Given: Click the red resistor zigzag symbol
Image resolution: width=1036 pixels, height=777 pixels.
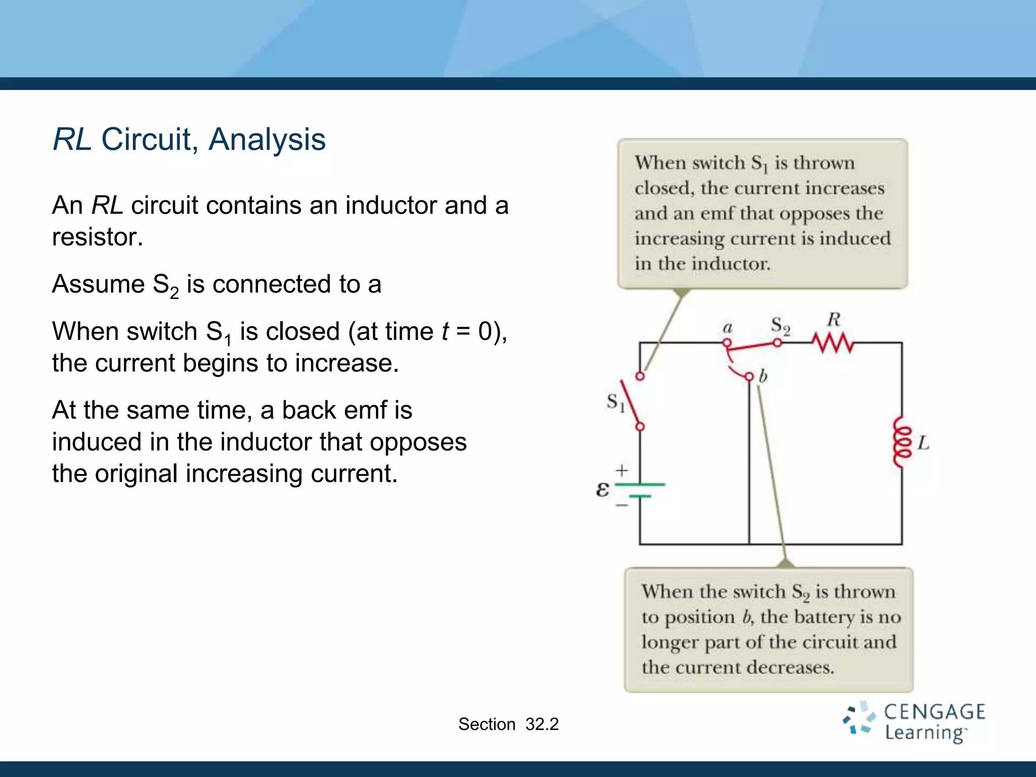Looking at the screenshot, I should (x=833, y=343).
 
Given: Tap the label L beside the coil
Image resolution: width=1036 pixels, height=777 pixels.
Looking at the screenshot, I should (x=924, y=443).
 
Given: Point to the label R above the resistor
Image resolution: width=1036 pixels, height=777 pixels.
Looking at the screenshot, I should (x=834, y=319).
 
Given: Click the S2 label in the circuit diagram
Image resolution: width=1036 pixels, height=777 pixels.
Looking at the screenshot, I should (x=780, y=326).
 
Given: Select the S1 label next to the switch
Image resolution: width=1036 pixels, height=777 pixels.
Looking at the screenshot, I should (x=616, y=403).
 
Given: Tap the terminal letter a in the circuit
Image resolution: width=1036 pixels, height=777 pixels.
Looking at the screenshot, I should (x=727, y=327).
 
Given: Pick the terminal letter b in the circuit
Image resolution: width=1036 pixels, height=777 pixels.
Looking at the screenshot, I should (x=763, y=376).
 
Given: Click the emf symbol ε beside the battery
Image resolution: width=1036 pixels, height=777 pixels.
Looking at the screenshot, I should (x=602, y=489).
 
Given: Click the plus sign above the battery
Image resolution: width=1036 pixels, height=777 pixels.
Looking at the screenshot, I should (x=622, y=470).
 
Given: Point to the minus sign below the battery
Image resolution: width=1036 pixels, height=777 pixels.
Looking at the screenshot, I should (x=622, y=505).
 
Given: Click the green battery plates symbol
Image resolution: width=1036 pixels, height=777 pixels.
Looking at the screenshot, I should (x=640, y=490).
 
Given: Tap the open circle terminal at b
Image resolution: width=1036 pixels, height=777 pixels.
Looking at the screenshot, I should (x=749, y=376).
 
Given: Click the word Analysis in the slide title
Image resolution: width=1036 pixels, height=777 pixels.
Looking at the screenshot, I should (x=267, y=139).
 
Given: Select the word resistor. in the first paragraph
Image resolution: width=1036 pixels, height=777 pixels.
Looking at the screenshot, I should (x=98, y=237).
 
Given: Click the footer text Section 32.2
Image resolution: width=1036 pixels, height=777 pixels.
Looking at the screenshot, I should (x=508, y=724).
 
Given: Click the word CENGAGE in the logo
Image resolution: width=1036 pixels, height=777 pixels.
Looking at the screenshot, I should (x=934, y=712).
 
